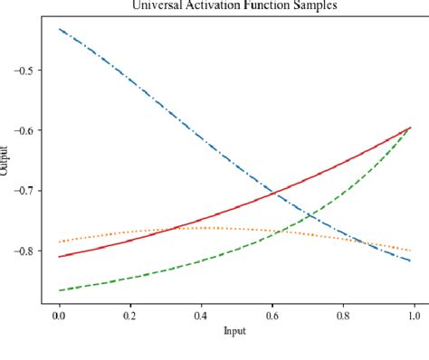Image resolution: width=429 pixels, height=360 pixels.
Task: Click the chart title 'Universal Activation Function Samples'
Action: click(235, 5)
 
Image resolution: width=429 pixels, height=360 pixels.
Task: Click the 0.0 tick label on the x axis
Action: click(59, 316)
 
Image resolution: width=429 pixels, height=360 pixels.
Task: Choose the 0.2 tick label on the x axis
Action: click(129, 316)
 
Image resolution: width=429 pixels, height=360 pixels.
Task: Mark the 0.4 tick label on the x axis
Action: click(200, 316)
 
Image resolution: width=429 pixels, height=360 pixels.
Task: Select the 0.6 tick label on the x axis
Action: click(272, 316)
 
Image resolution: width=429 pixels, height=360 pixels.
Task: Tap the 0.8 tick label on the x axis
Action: click(342, 316)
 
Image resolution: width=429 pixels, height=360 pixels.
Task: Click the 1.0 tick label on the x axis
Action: click(413, 316)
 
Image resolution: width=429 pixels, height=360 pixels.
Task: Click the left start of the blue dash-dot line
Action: click(59, 29)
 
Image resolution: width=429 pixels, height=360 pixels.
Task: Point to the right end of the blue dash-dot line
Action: click(412, 261)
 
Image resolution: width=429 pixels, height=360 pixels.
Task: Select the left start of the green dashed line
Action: click(59, 290)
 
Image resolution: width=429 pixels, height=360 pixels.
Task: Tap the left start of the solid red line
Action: click(59, 257)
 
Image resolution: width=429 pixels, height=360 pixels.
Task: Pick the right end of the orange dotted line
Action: click(412, 251)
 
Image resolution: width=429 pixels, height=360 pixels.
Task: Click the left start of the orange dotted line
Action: click(59, 242)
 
